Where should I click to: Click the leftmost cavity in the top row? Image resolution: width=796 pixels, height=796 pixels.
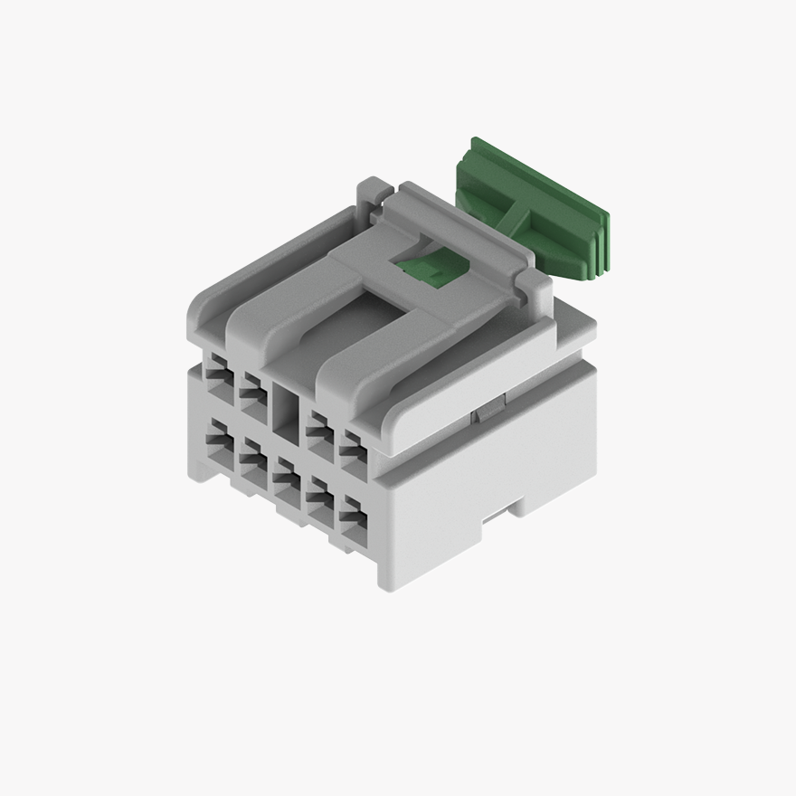(x=217, y=373)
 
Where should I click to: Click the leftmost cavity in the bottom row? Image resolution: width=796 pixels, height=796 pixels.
(x=217, y=441)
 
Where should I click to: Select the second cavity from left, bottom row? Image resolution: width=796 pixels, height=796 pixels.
(x=251, y=459)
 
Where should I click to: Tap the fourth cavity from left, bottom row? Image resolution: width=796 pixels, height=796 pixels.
(x=319, y=497)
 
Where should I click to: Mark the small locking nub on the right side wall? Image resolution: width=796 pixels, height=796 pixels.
(x=483, y=413)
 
